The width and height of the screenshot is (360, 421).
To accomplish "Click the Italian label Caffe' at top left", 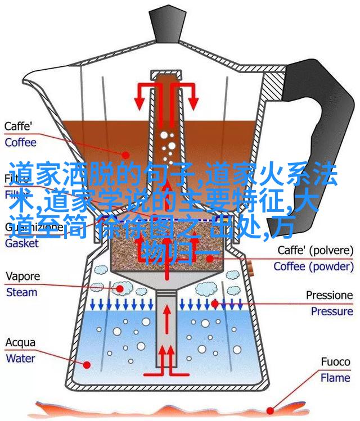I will point(19,126).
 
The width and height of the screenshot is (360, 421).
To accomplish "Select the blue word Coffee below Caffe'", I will point(21,142).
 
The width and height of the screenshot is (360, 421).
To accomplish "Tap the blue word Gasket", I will point(21,243).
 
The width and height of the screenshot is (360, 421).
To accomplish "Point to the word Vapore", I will point(22,276).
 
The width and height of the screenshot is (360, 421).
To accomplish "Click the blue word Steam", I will point(21,292).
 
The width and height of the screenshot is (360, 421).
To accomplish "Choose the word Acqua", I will point(21,342).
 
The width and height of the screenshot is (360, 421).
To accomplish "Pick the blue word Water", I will point(21,357).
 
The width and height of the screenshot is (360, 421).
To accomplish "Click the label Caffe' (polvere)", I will point(314,250).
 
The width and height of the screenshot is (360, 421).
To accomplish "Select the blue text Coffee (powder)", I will point(313,266).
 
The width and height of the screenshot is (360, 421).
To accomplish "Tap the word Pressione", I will point(329,295).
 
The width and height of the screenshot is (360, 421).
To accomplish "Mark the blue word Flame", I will point(335,378).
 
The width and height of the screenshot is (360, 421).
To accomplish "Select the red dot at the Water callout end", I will point(87,364).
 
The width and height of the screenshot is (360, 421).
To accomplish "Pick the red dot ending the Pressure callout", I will point(215,304).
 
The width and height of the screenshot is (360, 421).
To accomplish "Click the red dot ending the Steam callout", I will point(120,287).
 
